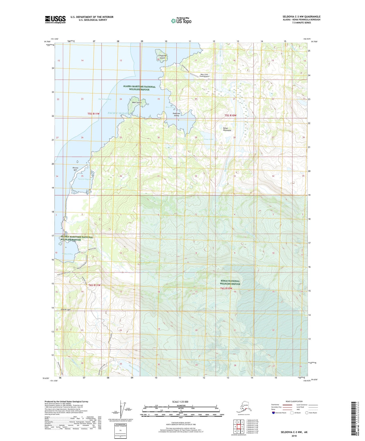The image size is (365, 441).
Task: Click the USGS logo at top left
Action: (x=55, y=19)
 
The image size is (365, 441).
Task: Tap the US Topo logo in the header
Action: (x=181, y=21)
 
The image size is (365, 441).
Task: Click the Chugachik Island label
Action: (x=162, y=57)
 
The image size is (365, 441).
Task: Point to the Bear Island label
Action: (x=137, y=103)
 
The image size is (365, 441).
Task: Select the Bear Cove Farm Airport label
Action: (x=205, y=75)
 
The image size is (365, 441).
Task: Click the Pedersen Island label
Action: (x=176, y=114)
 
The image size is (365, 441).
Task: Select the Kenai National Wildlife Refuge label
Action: (x=230, y=282)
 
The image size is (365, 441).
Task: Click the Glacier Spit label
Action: (x=65, y=309)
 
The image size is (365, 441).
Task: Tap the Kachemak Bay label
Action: (x=105, y=99)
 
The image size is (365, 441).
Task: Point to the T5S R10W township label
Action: (x=230, y=115)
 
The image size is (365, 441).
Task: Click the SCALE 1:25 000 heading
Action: (x=180, y=402)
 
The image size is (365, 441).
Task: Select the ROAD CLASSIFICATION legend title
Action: (x=294, y=401)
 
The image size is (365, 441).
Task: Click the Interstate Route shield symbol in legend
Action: (x=274, y=413)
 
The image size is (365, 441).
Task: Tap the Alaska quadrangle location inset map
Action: (x=242, y=407)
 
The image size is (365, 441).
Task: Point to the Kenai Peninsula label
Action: (x=227, y=129)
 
